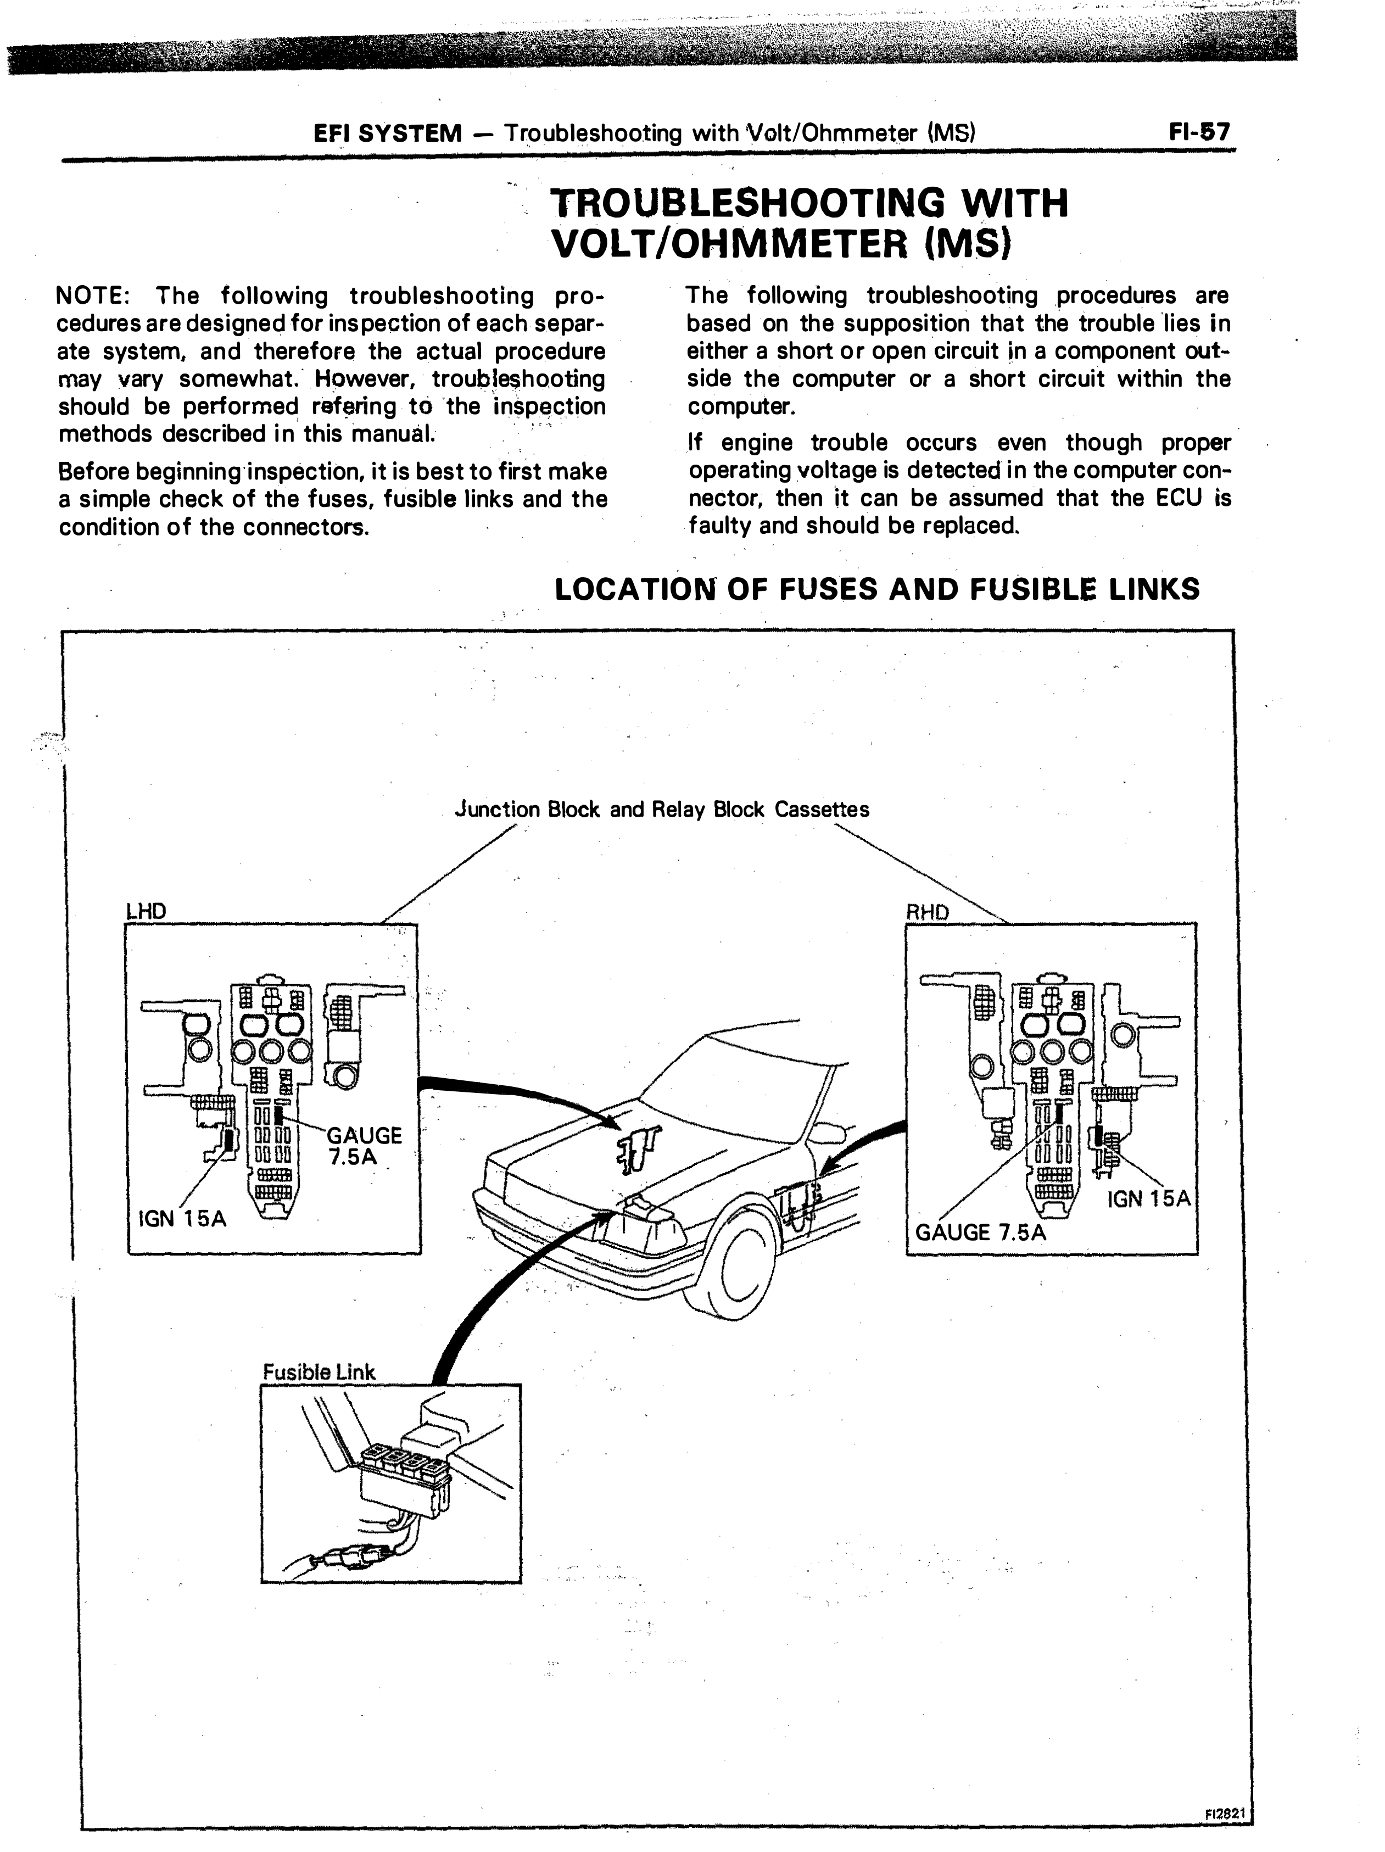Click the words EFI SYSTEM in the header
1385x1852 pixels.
click(x=386, y=133)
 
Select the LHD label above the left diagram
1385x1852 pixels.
click(x=146, y=911)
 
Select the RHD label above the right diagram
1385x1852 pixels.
click(x=928, y=912)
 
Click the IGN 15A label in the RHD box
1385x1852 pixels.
click(x=1148, y=1198)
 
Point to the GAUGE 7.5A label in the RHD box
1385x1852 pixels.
click(x=981, y=1231)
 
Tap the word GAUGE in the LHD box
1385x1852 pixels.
click(x=364, y=1135)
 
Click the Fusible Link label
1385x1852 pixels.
click(x=319, y=1371)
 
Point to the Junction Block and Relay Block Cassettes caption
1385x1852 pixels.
click(x=662, y=810)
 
